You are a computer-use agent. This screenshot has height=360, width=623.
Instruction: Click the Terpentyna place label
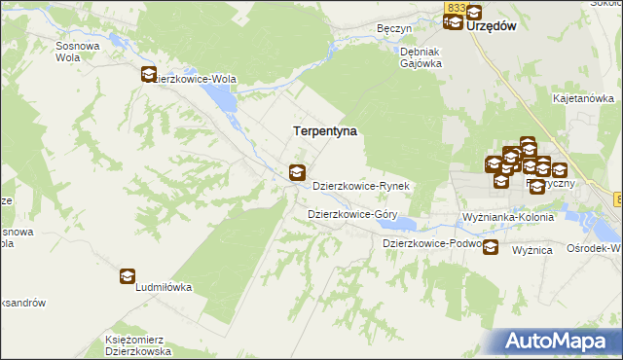(x=325, y=129)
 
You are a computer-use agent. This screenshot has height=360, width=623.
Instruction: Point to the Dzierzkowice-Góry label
(x=351, y=213)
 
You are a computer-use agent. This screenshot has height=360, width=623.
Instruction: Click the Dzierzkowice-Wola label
(x=198, y=80)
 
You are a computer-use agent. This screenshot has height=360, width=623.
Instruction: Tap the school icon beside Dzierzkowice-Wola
(x=149, y=74)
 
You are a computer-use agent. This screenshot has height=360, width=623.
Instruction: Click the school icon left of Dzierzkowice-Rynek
(x=297, y=174)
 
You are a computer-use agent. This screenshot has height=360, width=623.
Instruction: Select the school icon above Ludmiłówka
(x=128, y=277)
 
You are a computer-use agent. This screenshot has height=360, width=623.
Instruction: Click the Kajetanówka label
(x=583, y=98)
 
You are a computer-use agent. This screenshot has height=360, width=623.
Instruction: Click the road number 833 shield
(x=456, y=8)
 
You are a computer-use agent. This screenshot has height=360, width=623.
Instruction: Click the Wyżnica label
(x=532, y=250)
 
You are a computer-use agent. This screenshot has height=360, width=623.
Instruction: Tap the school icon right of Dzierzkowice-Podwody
(x=491, y=247)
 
